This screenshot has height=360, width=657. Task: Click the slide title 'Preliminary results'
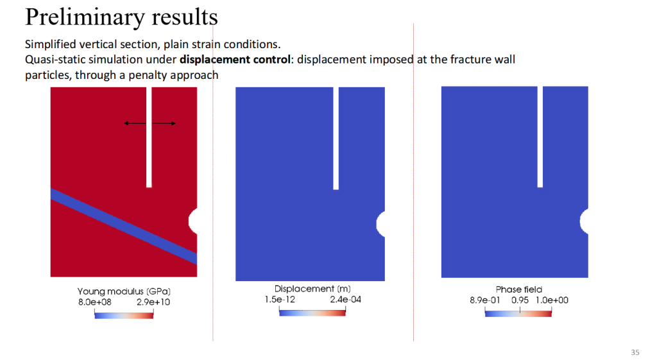(x=121, y=17)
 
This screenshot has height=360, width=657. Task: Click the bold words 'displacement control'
(x=235, y=60)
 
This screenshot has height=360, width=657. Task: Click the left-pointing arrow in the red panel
(x=135, y=123)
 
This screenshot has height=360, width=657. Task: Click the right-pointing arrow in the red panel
(x=164, y=123)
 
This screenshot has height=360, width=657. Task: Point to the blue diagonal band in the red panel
(x=124, y=227)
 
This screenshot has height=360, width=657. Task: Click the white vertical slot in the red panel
(x=149, y=137)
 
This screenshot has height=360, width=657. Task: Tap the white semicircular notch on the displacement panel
(x=381, y=224)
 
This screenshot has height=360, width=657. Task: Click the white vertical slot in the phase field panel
(x=540, y=137)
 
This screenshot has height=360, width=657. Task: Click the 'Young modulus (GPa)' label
(x=124, y=291)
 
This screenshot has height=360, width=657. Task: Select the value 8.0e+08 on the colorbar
(x=95, y=302)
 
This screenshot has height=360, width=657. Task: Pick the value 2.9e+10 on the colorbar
(x=153, y=302)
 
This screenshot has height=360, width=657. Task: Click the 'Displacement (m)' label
(x=312, y=289)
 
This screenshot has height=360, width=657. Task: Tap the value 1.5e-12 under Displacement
(x=280, y=300)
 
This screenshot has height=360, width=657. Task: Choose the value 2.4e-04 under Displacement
(x=346, y=300)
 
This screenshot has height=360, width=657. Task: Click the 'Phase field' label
(x=518, y=289)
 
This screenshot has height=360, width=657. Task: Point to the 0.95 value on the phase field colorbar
(x=520, y=300)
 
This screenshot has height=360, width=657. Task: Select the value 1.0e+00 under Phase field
(x=552, y=300)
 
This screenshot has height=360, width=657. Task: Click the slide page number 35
(x=635, y=352)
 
